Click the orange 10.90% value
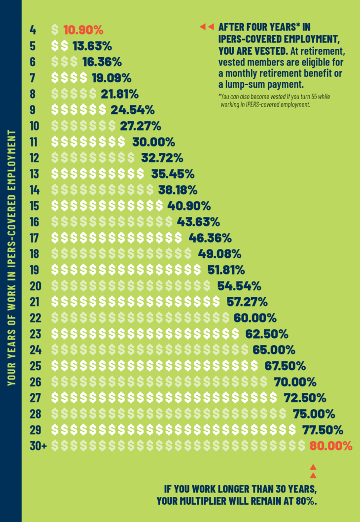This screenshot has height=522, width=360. click(83, 30)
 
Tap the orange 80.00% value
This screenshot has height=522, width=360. click(331, 446)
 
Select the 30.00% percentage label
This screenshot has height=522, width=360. click(153, 142)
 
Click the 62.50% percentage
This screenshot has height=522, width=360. click(267, 334)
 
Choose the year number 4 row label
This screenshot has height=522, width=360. click(33, 30)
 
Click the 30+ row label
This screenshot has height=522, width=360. click(38, 446)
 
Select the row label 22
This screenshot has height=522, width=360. click(36, 318)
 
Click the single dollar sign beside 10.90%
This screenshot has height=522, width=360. click(55, 30)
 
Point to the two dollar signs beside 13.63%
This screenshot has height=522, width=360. click(60, 46)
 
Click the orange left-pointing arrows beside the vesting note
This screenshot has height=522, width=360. click(207, 27)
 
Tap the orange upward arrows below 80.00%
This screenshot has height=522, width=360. click(313, 471)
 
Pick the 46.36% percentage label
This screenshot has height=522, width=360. click(210, 238)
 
